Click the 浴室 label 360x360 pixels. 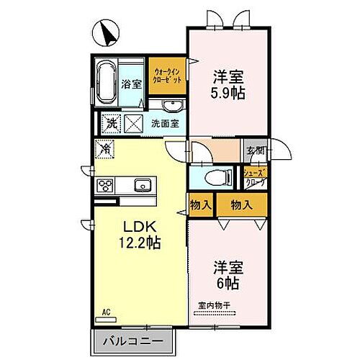click(x=132, y=83)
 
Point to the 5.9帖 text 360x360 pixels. click(x=227, y=92)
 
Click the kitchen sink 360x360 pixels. click(x=142, y=185)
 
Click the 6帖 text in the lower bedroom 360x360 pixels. click(x=225, y=282)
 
